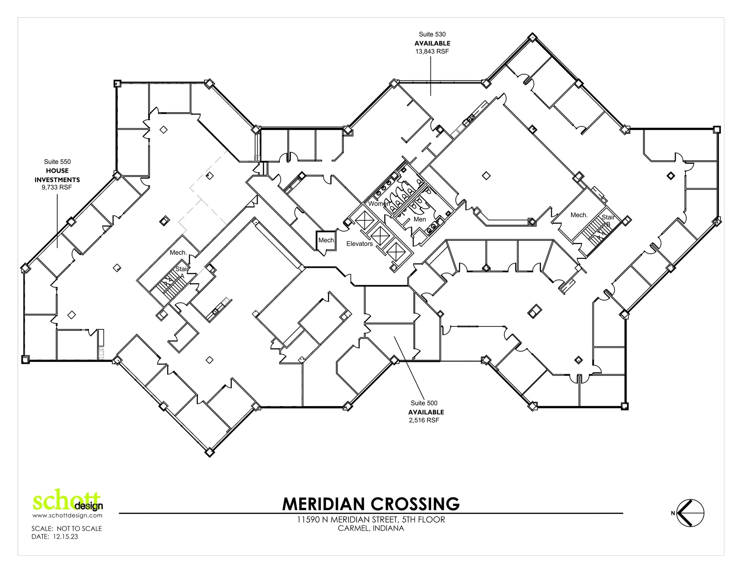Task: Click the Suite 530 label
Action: point(432,34)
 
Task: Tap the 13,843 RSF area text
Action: point(432,51)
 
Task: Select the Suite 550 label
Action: point(57,162)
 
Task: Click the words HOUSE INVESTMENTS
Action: point(57,175)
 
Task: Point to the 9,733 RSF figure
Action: point(57,188)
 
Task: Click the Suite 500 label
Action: point(424,403)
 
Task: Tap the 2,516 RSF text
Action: point(424,420)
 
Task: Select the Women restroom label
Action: point(379,204)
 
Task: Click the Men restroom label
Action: point(420,219)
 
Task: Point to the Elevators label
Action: point(359,244)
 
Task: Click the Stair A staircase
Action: point(171,284)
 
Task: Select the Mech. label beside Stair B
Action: point(579,215)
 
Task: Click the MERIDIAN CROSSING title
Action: point(371,504)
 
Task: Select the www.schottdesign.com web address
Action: point(67,515)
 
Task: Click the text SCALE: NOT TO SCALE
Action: point(67,528)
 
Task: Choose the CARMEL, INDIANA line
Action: point(371,528)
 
